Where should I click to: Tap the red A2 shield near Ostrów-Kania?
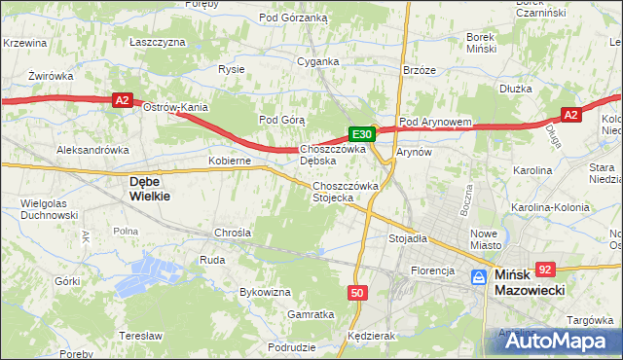pyautogui.click(x=122, y=99)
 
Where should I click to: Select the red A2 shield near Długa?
pyautogui.click(x=571, y=115)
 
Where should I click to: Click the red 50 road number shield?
pyautogui.click(x=357, y=292)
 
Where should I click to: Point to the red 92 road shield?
pyautogui.click(x=545, y=270)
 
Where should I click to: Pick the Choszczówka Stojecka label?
pyautogui.click(x=342, y=191)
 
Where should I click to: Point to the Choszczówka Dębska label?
pyautogui.click(x=332, y=155)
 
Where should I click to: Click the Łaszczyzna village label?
pyautogui.click(x=157, y=43)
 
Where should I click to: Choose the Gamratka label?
pyautogui.click(x=311, y=314)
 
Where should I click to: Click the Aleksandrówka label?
pyautogui.click(x=93, y=151)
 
